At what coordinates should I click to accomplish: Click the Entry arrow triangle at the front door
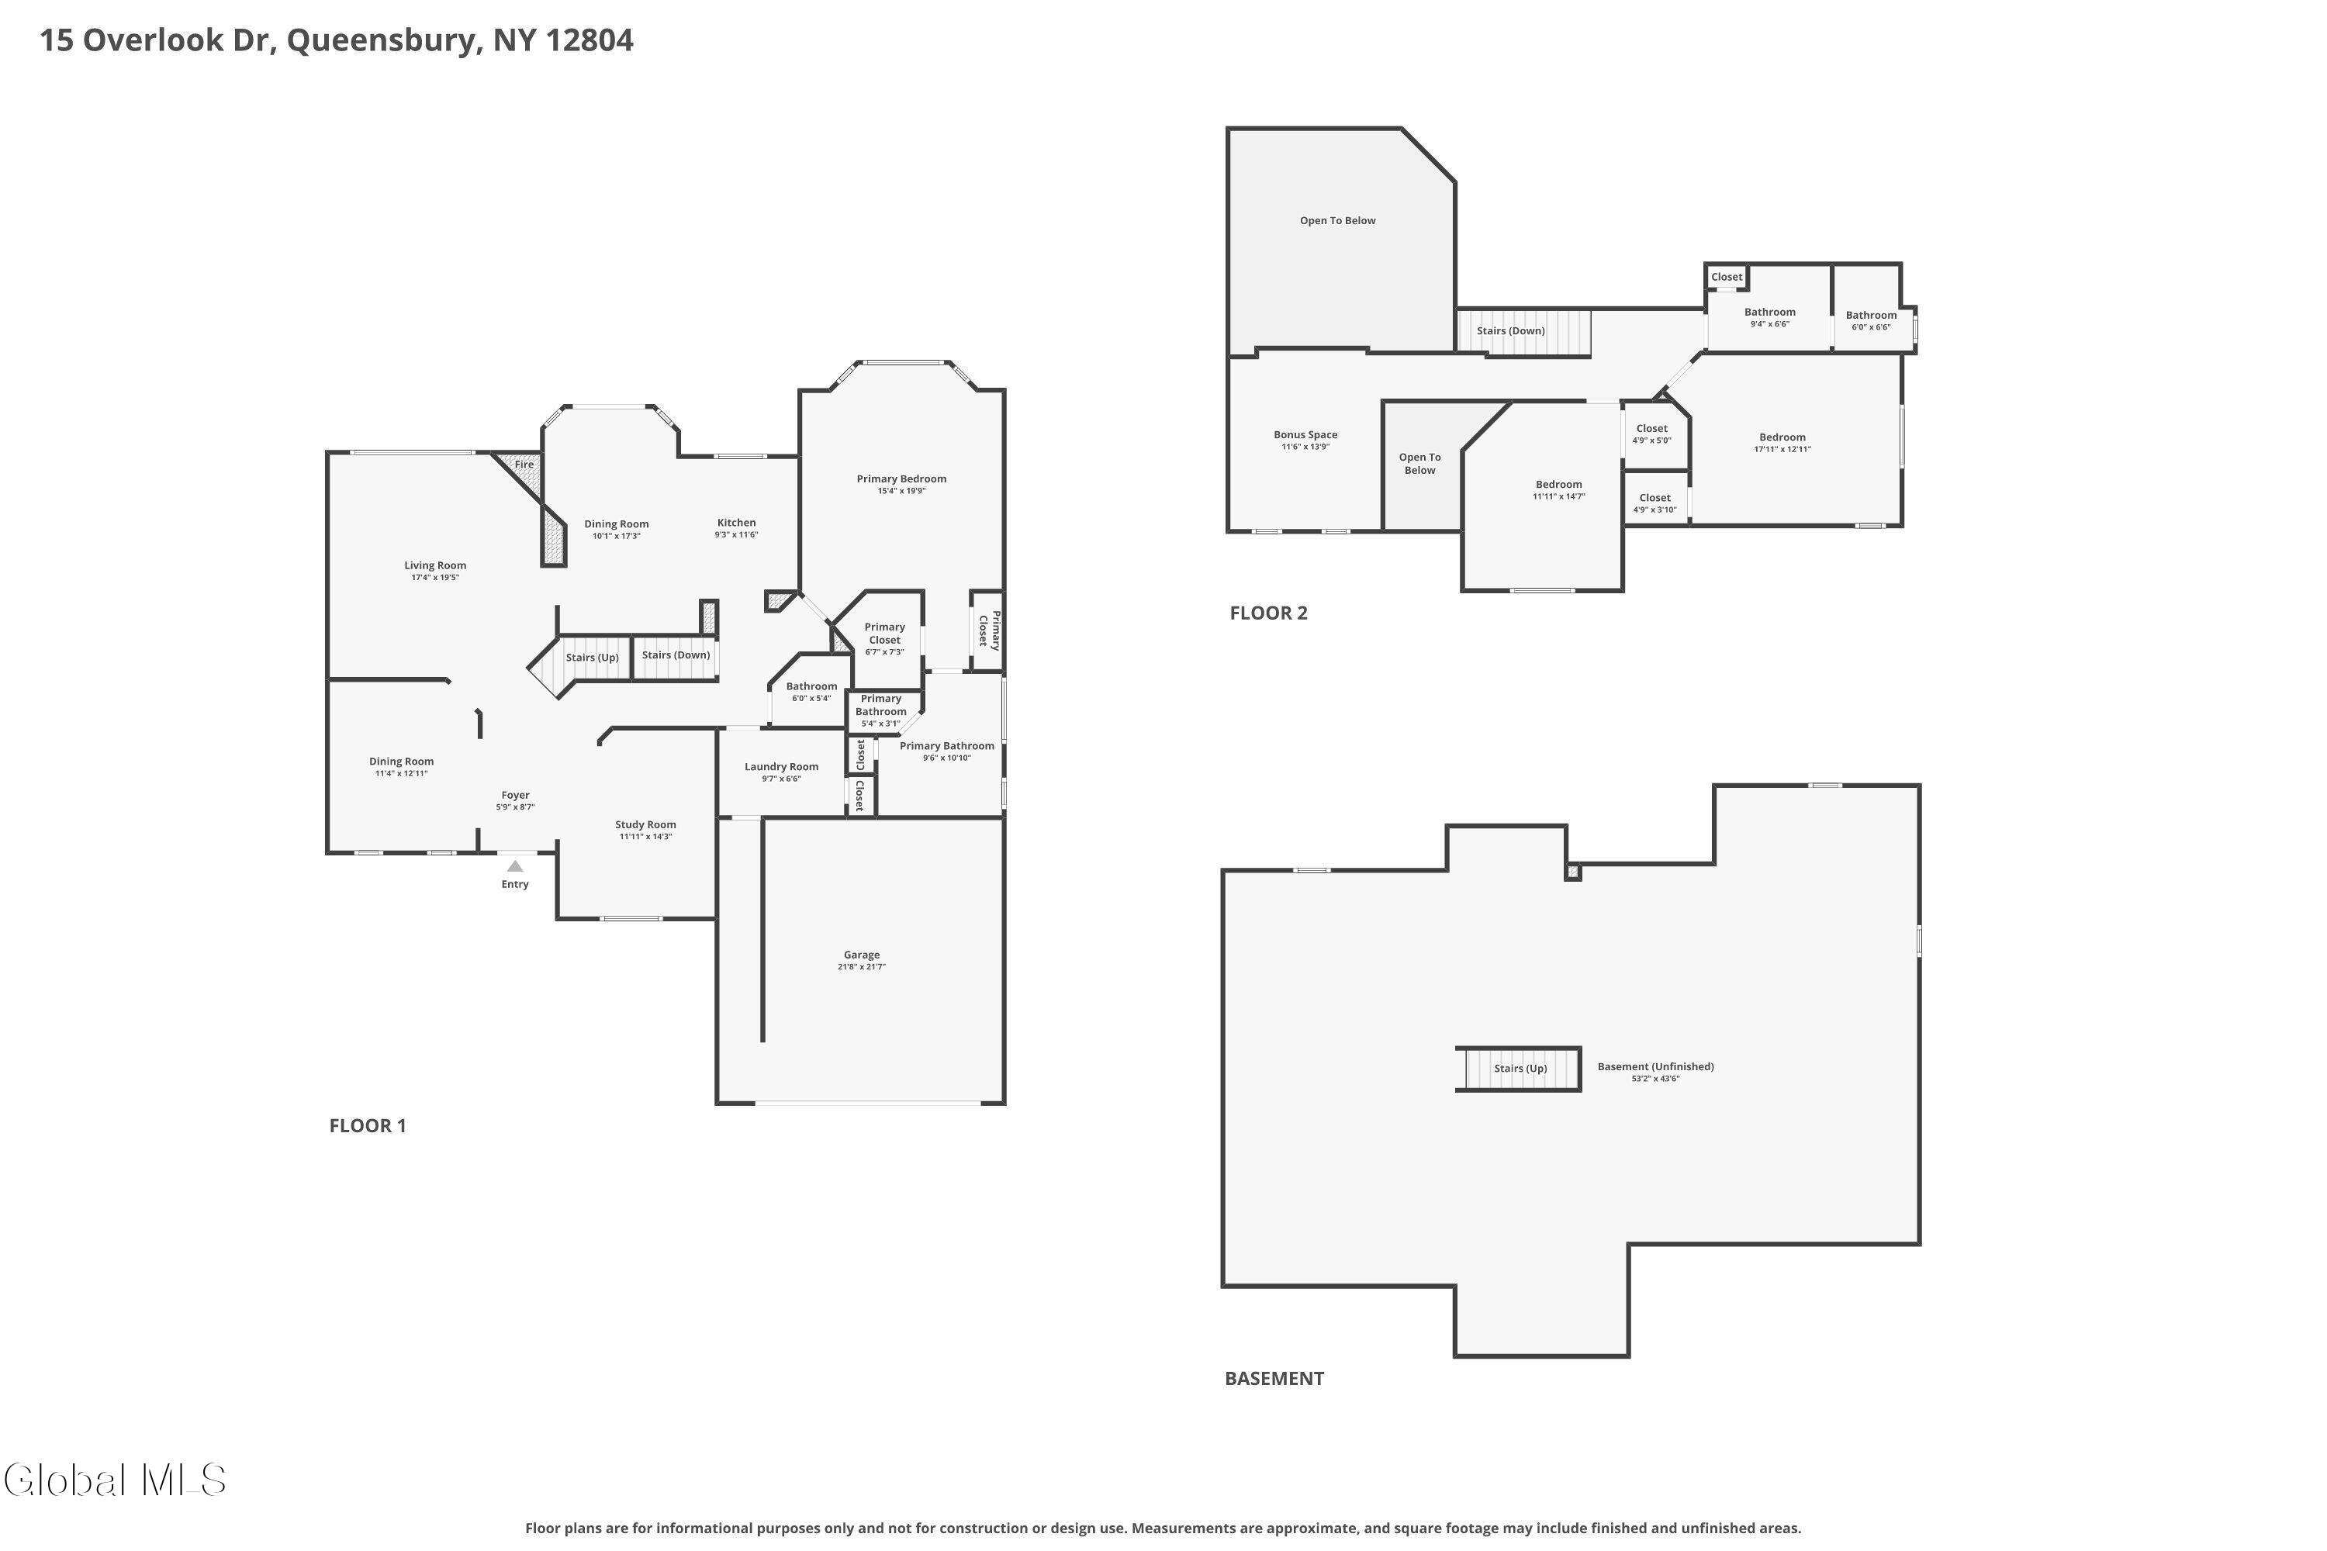pos(514,866)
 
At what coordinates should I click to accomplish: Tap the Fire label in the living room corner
pos(524,465)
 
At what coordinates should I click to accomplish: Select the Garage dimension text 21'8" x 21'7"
pos(861,967)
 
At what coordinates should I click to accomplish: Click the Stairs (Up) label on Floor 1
pos(592,658)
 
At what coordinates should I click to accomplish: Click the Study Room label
pos(645,825)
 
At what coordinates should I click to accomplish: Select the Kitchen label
pos(736,523)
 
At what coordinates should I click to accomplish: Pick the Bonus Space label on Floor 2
pos(1305,435)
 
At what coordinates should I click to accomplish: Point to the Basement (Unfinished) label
pos(1655,1067)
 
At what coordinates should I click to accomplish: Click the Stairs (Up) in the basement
pos(1520,1069)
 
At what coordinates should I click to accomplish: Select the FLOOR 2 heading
pos(1267,613)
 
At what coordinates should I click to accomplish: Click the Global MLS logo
pos(115,1480)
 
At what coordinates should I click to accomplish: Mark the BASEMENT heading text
pos(1274,1379)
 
